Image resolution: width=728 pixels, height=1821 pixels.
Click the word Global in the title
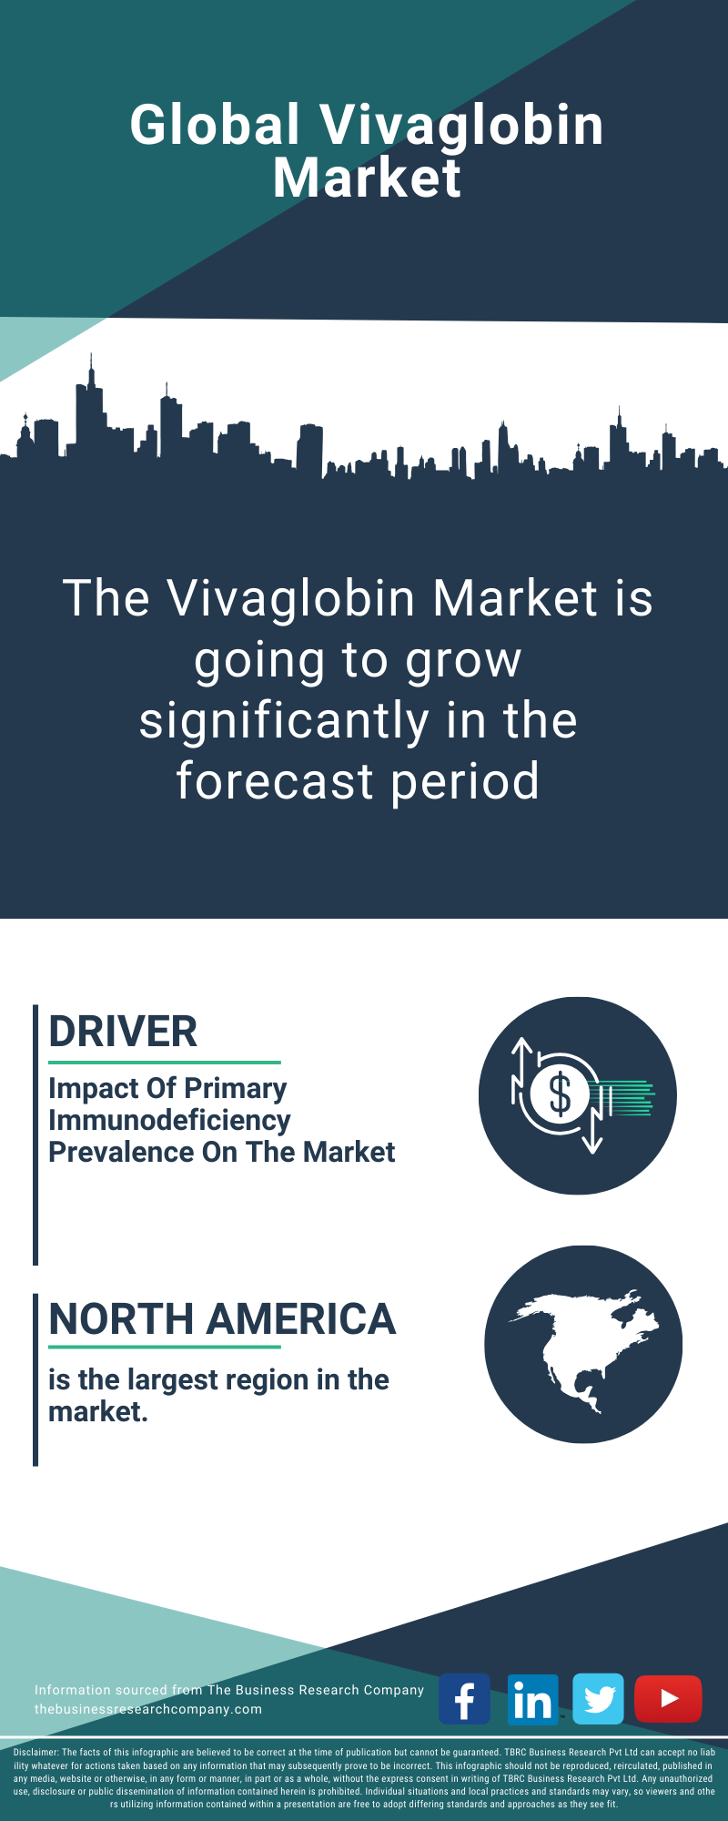pos(215,125)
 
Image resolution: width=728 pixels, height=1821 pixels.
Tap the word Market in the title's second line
pos(367,178)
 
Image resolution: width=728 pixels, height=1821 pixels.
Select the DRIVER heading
pos(123,1032)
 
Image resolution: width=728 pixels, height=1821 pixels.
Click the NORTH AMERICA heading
pos(222,1319)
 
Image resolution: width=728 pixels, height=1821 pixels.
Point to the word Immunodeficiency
pos(169,1121)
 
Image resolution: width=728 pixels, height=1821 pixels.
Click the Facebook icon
pos(464,1698)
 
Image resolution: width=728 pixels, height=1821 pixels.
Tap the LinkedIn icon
pos(532,1698)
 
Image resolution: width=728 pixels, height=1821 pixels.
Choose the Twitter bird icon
pos(599,1698)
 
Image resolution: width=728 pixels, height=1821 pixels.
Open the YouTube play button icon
pos(668,1698)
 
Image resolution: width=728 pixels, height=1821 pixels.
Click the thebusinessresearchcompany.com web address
pos(148,1709)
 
